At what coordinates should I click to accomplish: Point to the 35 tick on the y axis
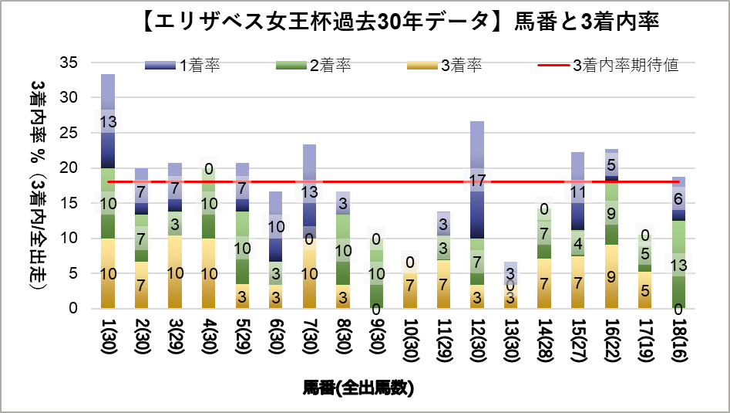click(x=69, y=63)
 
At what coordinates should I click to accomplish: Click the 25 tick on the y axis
click(x=69, y=133)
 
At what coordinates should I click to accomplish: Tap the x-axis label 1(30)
click(x=108, y=340)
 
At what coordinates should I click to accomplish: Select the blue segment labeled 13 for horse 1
click(x=108, y=121)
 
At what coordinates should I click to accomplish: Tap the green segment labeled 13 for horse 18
click(x=678, y=265)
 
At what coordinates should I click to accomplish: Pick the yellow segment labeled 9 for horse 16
click(x=611, y=276)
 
